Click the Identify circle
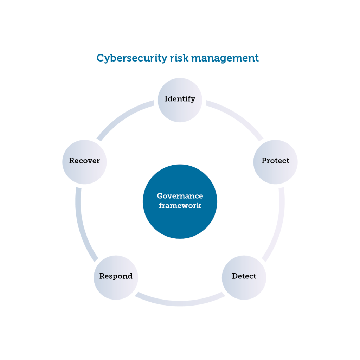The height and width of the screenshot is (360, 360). tap(180, 99)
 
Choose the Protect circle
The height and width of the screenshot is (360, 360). tap(275, 161)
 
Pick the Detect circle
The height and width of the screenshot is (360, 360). tap(244, 277)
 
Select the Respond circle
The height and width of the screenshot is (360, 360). tap(116, 277)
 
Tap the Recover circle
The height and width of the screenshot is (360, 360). tap(84, 161)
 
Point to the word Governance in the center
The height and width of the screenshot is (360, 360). tap(180, 196)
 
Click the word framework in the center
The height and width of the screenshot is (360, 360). tap(180, 206)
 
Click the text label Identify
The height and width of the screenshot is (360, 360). tap(180, 99)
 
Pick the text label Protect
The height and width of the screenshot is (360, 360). tap(275, 161)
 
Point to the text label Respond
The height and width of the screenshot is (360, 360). tap(116, 276)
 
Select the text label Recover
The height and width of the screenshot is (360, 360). tap(84, 161)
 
